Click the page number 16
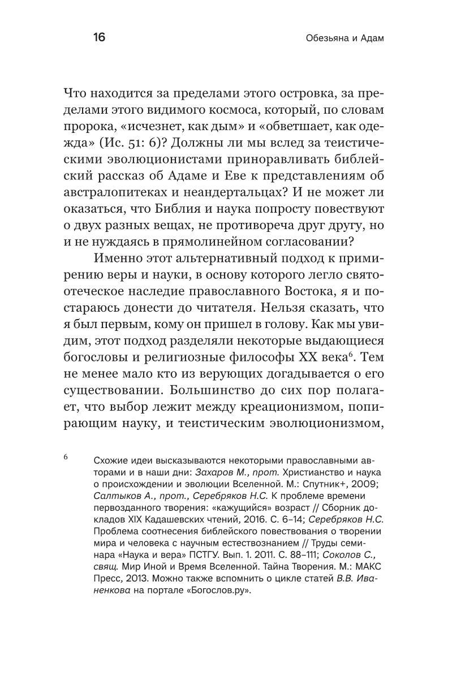click(99, 38)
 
